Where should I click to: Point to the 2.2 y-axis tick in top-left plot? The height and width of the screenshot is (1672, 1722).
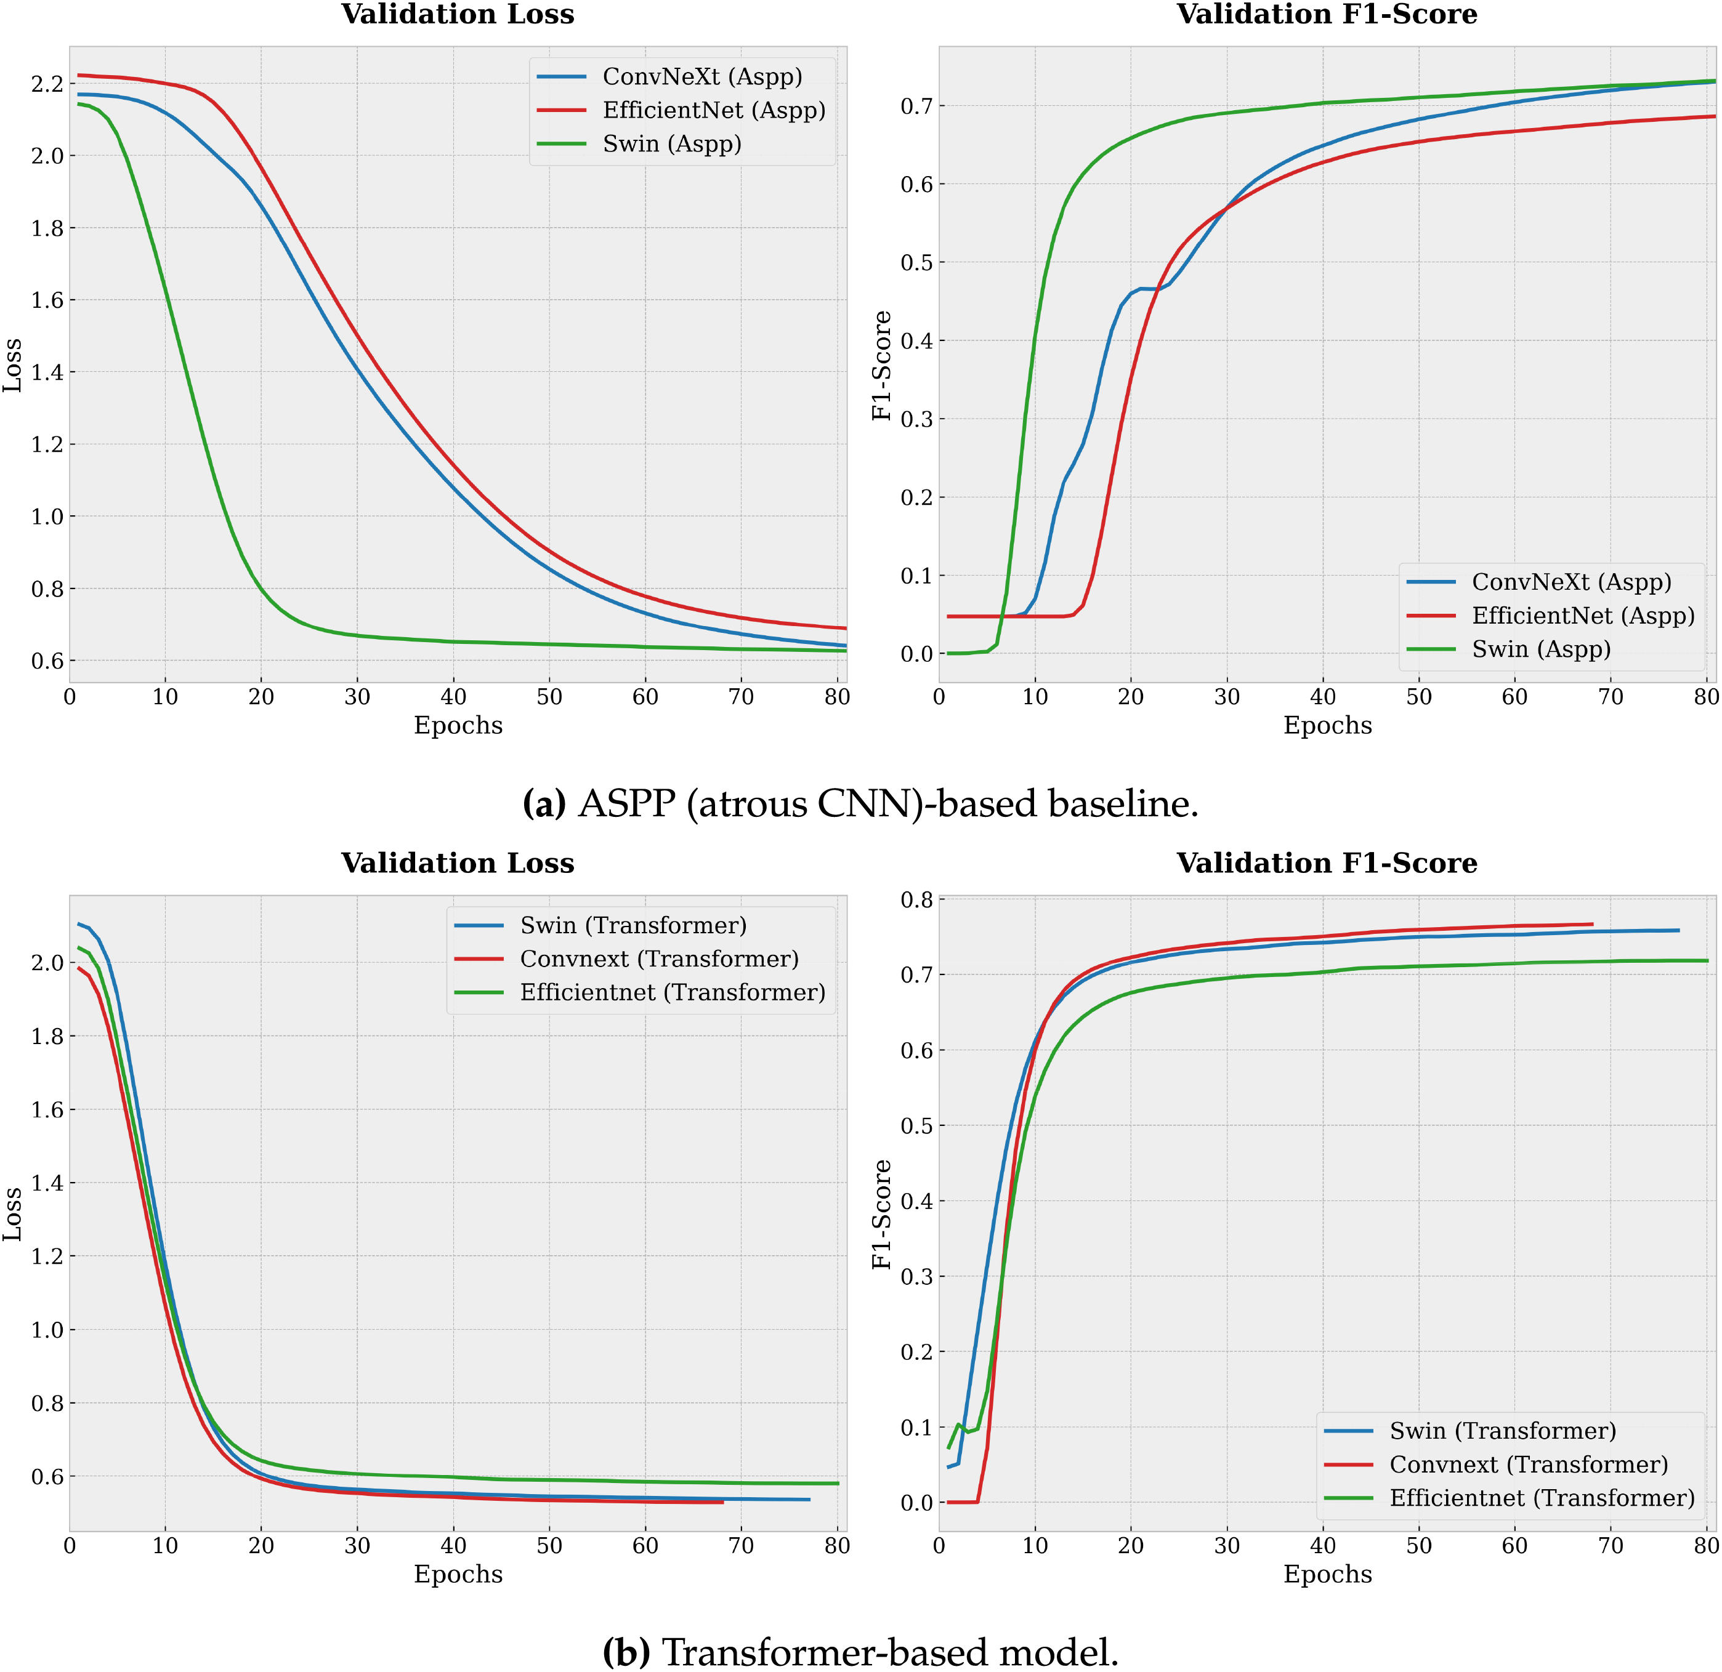(x=47, y=84)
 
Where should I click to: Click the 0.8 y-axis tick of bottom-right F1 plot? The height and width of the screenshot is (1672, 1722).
(x=916, y=899)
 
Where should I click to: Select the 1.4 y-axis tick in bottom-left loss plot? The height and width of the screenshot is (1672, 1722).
(x=47, y=1183)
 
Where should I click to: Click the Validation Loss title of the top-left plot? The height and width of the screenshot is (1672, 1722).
(x=457, y=14)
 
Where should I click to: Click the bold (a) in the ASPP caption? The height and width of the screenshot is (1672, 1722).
(x=544, y=803)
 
